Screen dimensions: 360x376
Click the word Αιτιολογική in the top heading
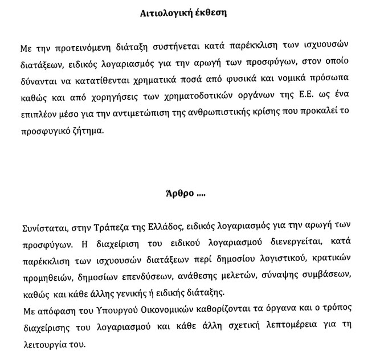[x=161, y=13]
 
